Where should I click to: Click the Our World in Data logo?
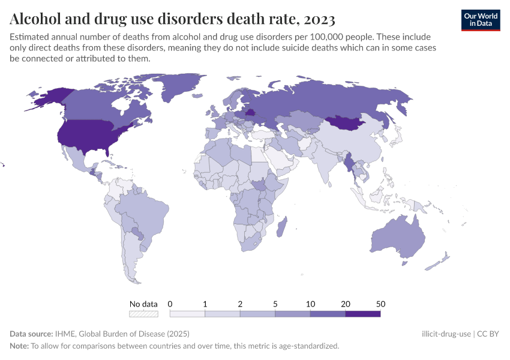(x=480, y=20)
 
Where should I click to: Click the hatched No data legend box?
(x=143, y=313)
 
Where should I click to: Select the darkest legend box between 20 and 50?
(x=363, y=313)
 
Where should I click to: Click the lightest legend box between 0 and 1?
(x=187, y=313)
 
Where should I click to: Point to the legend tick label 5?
(x=275, y=304)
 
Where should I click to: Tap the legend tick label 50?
(x=380, y=304)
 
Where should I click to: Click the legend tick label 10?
(x=310, y=304)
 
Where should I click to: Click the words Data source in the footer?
(x=31, y=334)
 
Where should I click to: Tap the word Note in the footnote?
(x=19, y=346)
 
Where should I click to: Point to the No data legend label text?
(x=143, y=304)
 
